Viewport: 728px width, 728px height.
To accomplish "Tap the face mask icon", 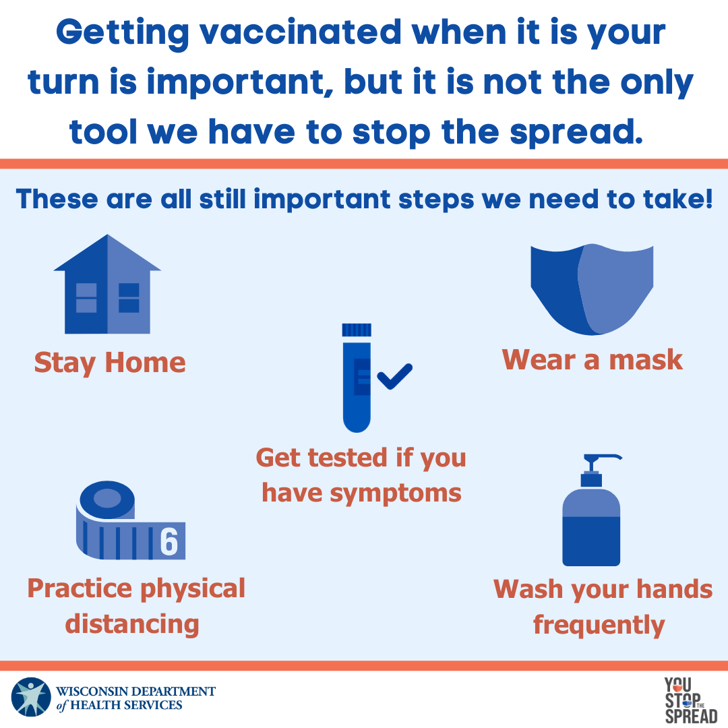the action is click(592, 289).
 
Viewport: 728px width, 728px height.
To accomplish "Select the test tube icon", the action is click(357, 378).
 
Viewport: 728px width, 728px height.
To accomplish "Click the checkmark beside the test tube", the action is click(394, 376).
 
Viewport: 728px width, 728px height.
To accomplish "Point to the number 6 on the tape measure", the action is click(169, 541).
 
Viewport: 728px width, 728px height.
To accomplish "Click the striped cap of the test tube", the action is click(357, 330).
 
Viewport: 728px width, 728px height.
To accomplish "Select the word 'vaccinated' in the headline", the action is click(301, 32).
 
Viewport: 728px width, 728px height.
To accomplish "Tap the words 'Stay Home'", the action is click(110, 363).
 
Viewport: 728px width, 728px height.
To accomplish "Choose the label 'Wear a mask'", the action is click(592, 360).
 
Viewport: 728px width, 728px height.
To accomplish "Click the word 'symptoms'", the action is click(396, 493).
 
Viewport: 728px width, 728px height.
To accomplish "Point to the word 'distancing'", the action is click(132, 624).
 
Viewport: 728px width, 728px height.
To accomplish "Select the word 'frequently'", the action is click(599, 625).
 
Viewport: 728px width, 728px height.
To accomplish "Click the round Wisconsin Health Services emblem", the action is click(31, 697).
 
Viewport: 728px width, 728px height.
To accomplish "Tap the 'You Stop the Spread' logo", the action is click(691, 700).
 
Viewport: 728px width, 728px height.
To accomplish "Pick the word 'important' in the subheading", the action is click(322, 200).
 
